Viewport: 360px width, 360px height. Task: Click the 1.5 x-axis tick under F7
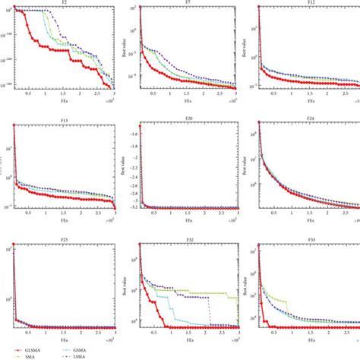click(187, 96)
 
